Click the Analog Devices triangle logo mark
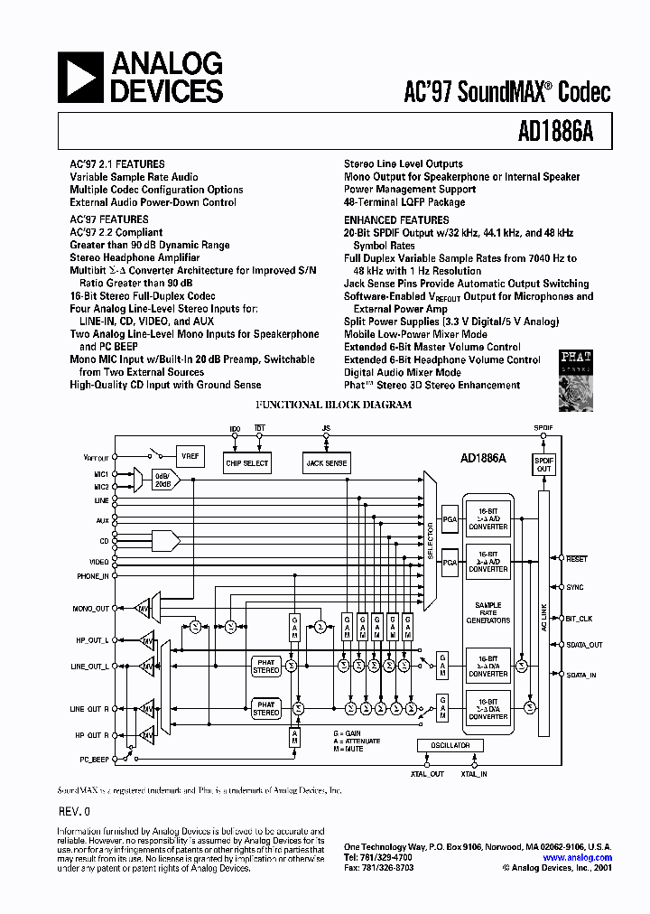pyautogui.click(x=82, y=77)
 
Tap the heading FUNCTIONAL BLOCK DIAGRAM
pyautogui.click(x=335, y=405)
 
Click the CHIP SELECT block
pyautogui.click(x=246, y=463)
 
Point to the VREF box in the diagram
pyautogui.click(x=190, y=457)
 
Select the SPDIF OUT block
pyautogui.click(x=543, y=465)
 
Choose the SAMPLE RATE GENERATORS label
pyautogui.click(x=488, y=612)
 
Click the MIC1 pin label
pyautogui.click(x=100, y=473)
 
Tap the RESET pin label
pyautogui.click(x=576, y=559)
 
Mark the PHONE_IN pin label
pyautogui.click(x=92, y=575)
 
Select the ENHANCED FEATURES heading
pyautogui.click(x=396, y=220)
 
